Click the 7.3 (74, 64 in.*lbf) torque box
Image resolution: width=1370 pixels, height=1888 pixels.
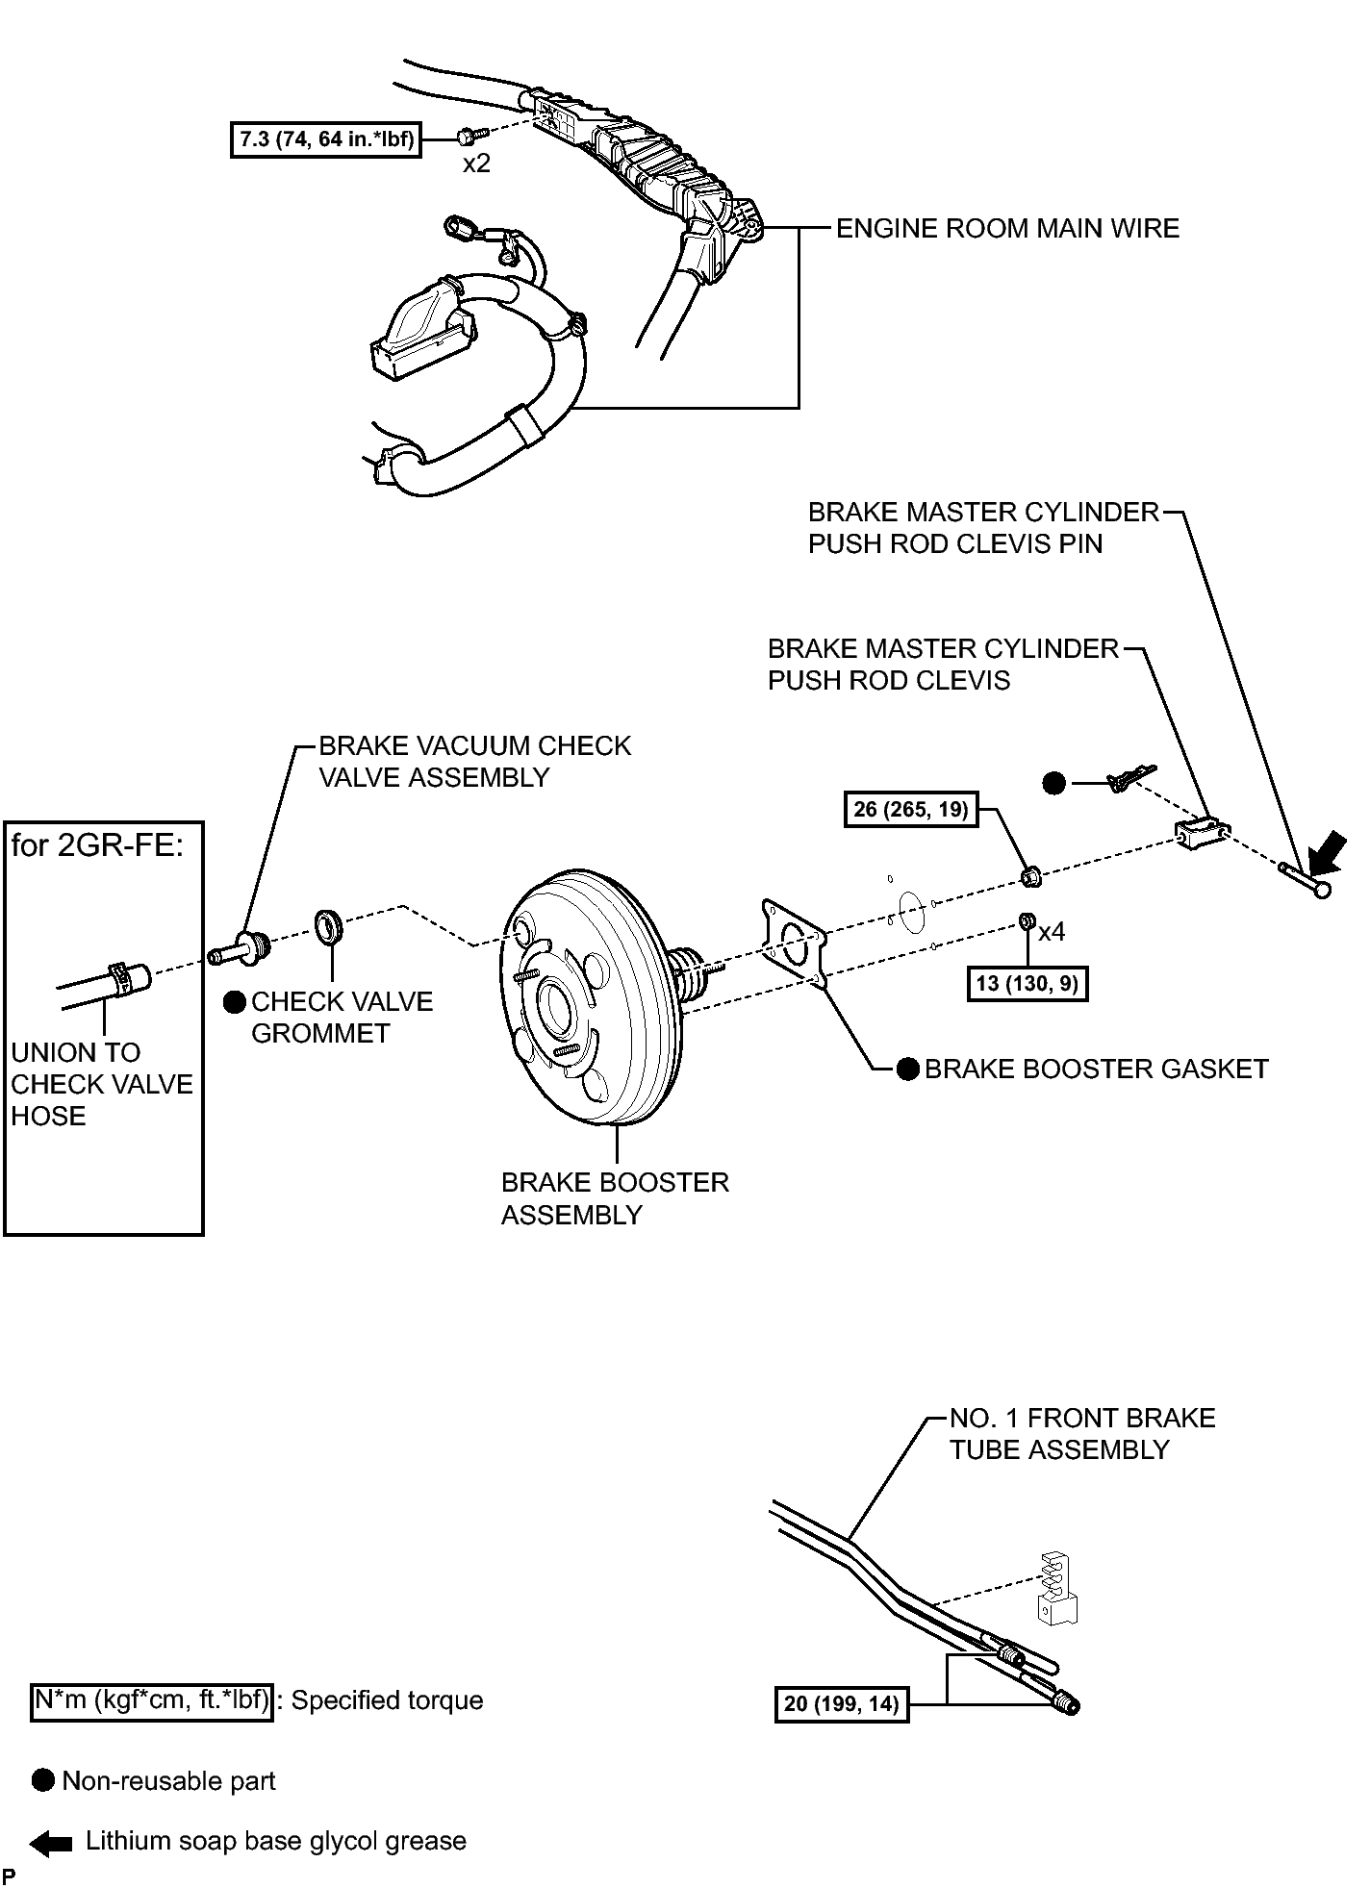[x=326, y=139]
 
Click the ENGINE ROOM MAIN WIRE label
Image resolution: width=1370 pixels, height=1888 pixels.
[x=1007, y=229]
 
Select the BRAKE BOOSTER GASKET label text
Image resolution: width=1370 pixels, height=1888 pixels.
[x=1096, y=1070]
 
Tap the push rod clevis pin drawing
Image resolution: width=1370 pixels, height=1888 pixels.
[x=1306, y=880]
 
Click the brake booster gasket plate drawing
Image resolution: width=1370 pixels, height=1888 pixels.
[x=794, y=943]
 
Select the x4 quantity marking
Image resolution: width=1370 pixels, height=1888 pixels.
[x=1052, y=931]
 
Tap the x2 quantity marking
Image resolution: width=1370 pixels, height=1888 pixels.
[x=476, y=164]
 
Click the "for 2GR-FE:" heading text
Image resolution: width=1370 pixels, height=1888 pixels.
[x=97, y=846]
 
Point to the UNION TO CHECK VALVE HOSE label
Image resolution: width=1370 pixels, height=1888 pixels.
[x=102, y=1084]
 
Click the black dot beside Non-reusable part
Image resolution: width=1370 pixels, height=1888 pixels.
[x=43, y=1780]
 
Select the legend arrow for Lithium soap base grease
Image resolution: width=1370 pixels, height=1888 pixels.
[x=51, y=1844]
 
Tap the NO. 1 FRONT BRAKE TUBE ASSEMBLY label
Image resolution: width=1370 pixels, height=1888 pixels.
[x=1082, y=1434]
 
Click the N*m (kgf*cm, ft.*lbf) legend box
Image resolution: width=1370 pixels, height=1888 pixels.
[x=151, y=1700]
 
